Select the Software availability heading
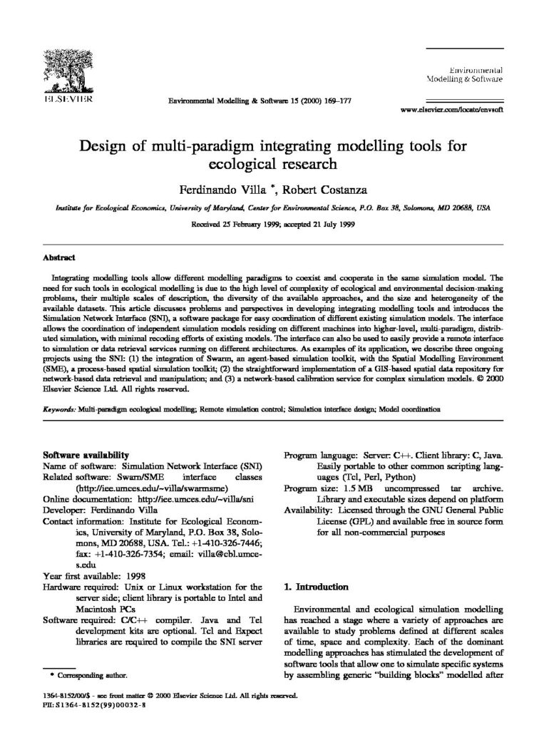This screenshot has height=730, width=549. tap(86, 453)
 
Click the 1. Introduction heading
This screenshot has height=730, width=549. tap(316, 587)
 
